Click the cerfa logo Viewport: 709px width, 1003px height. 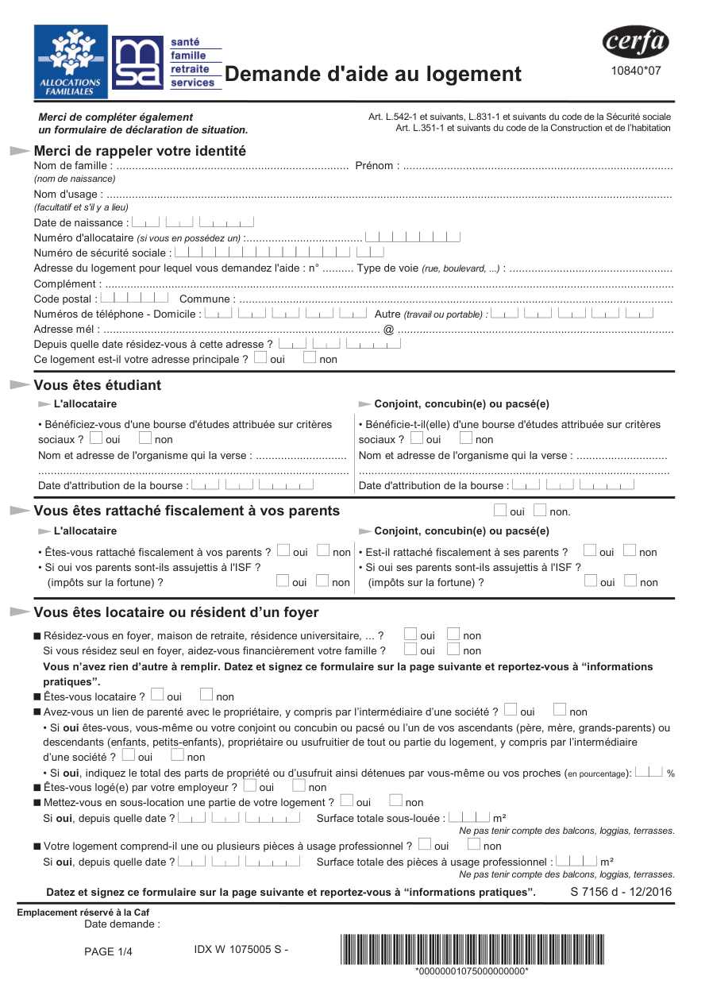[x=635, y=42]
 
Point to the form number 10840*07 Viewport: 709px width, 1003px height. [x=635, y=71]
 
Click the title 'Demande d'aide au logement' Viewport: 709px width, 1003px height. [x=373, y=74]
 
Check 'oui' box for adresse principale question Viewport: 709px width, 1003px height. [x=260, y=358]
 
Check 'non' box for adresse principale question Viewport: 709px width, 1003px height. [x=310, y=358]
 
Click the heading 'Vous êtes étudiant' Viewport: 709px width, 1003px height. [x=97, y=385]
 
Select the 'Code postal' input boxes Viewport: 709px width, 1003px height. [x=135, y=298]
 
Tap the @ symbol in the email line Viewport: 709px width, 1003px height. [x=388, y=329]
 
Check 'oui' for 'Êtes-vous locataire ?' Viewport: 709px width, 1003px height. [x=157, y=696]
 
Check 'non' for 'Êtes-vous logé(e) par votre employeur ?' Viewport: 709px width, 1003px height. [x=299, y=786]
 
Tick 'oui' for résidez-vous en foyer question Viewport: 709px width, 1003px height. [x=410, y=634]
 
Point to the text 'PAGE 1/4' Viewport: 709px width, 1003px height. [x=108, y=952]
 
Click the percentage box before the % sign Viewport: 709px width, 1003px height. [x=649, y=771]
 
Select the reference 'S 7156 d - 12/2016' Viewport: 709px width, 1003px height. [x=621, y=892]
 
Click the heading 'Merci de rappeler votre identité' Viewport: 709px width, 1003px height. [x=140, y=151]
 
